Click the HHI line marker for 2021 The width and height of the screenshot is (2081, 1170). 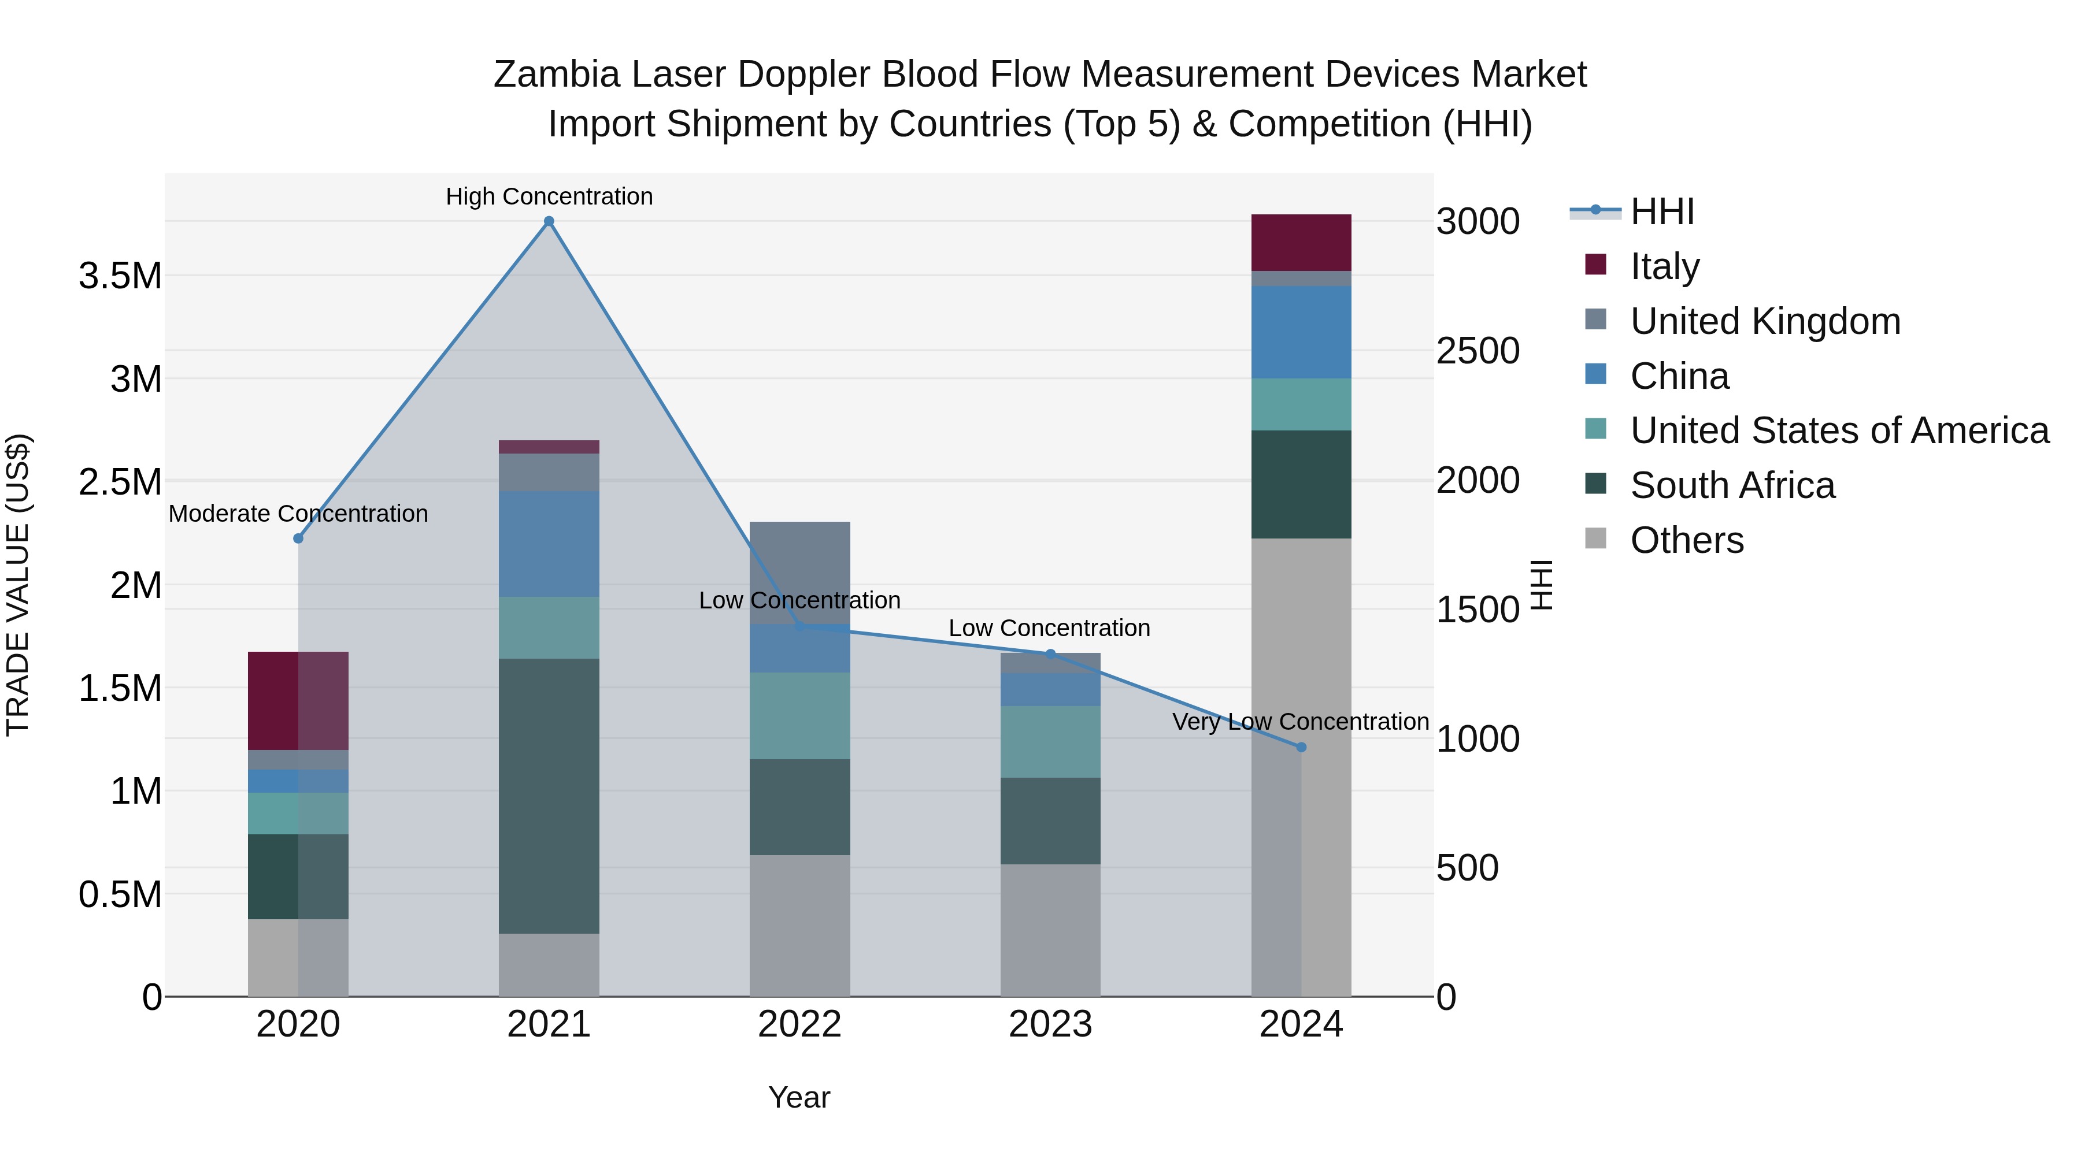549,221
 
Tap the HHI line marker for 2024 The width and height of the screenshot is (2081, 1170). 1301,748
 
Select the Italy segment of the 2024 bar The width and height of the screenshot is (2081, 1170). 1301,242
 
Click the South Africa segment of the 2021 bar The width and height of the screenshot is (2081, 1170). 549,796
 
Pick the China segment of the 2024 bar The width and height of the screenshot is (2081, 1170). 1301,332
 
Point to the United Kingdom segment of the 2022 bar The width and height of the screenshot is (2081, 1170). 800,571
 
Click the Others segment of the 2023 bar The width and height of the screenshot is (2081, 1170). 1050,930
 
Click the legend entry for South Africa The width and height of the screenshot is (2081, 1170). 1732,485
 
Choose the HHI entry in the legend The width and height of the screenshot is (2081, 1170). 1661,211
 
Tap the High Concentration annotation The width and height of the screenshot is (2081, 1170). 549,196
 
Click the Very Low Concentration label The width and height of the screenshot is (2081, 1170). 1301,721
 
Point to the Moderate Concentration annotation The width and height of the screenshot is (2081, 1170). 298,514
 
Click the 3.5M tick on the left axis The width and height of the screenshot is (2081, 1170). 120,276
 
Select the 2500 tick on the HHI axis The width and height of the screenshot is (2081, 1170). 1478,351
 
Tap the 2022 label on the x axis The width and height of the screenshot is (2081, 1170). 800,1024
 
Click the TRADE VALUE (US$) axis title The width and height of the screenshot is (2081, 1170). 18,585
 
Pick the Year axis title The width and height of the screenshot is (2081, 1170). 799,1097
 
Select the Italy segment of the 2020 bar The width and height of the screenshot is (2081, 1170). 298,700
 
